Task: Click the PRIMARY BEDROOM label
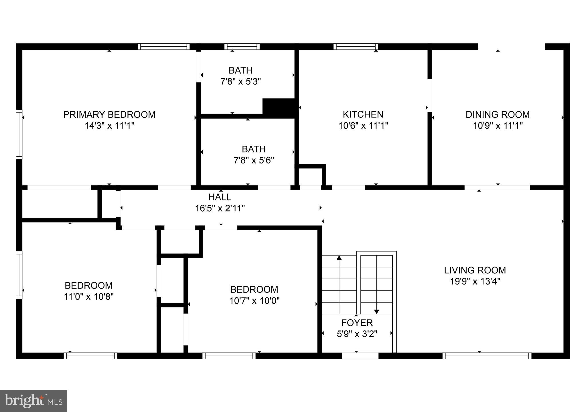(x=109, y=115)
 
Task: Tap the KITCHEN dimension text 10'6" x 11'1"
(x=363, y=126)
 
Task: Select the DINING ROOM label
(x=498, y=115)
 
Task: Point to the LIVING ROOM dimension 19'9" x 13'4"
(x=475, y=281)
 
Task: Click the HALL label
(x=220, y=197)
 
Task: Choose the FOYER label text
(x=357, y=323)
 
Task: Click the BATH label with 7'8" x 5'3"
(x=240, y=70)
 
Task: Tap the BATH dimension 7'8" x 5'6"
(x=254, y=160)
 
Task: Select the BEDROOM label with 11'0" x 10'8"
(x=88, y=285)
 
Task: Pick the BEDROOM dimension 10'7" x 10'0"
(x=254, y=301)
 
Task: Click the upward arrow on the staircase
(x=339, y=258)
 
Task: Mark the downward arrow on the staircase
(x=376, y=312)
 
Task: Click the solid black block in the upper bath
(x=279, y=108)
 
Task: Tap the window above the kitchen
(x=356, y=46)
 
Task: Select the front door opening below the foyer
(x=360, y=356)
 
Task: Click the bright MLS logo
(x=33, y=401)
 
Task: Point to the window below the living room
(x=487, y=356)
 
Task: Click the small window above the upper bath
(x=242, y=46)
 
